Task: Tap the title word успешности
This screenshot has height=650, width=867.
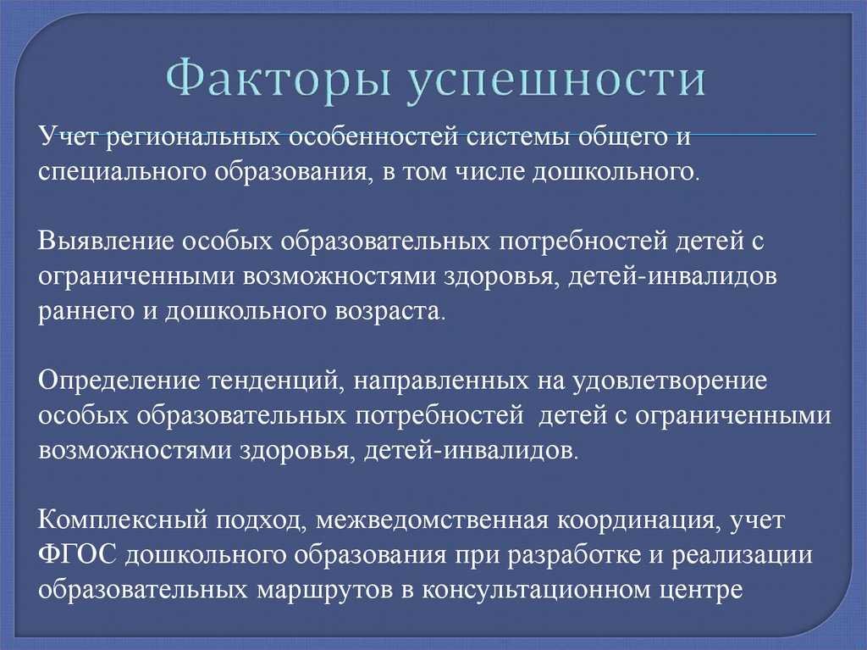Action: click(x=557, y=80)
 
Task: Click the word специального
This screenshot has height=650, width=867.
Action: click(x=121, y=173)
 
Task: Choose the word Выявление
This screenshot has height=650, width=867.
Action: click(x=106, y=242)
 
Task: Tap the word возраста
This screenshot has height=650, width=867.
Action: click(x=389, y=312)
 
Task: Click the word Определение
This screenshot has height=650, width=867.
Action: click(x=119, y=381)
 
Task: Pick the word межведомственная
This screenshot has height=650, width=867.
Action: click(x=432, y=520)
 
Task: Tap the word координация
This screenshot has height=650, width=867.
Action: click(x=638, y=521)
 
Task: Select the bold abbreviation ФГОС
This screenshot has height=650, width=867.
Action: click(x=77, y=555)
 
